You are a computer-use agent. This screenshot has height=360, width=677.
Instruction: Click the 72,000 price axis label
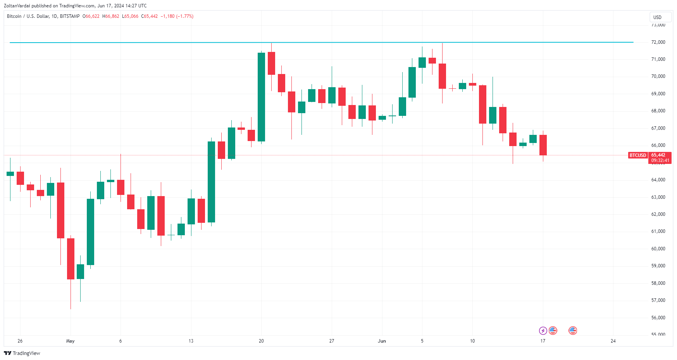658,42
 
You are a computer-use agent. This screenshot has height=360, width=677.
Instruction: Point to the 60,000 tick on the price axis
658,249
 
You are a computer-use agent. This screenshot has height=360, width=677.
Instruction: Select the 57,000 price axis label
658,300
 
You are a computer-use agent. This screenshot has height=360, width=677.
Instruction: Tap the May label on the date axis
70,341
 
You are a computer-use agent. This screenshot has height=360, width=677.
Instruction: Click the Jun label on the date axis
382,341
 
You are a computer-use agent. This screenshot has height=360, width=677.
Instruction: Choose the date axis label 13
191,341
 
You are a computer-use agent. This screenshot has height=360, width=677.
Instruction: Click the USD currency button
657,17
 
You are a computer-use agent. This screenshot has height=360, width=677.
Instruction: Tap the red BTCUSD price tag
637,155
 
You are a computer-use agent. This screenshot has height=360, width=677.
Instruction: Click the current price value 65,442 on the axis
658,155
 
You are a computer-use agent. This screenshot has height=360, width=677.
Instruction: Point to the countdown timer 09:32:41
660,160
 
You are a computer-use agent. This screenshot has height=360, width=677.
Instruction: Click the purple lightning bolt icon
543,331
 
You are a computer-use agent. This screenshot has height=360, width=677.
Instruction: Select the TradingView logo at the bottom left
22,353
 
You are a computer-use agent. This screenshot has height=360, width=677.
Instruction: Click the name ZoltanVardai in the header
17,6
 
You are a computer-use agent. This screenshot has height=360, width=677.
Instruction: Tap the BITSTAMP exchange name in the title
70,16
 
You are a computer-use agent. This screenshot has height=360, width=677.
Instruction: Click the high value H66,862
111,16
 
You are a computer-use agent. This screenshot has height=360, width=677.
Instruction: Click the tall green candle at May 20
261,97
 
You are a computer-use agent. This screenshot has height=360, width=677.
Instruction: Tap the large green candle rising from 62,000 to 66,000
211,182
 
